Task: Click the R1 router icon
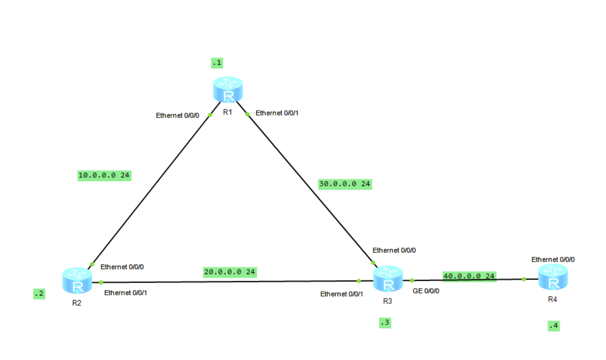[228, 89]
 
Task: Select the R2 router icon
[77, 280]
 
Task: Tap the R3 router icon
[388, 279]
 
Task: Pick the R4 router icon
[553, 277]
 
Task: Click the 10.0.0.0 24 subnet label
[104, 175]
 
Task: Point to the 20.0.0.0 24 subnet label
[230, 272]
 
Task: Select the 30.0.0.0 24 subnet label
[345, 184]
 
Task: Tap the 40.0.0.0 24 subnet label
[469, 276]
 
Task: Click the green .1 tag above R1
[217, 63]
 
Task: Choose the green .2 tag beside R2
[39, 294]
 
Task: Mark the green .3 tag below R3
[385, 323]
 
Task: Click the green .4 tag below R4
[553, 326]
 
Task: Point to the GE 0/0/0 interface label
[426, 291]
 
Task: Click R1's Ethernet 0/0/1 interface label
[277, 113]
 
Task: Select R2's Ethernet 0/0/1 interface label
[126, 293]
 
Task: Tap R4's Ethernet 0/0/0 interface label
[553, 259]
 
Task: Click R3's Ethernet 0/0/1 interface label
[341, 294]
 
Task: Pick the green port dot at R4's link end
[524, 279]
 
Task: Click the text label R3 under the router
[387, 301]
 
